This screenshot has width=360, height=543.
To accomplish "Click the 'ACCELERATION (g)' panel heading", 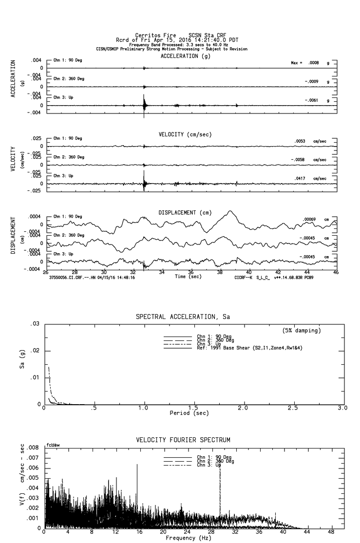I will click(x=186, y=56).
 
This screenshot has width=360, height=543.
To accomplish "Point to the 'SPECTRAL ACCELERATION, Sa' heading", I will click(x=183, y=317).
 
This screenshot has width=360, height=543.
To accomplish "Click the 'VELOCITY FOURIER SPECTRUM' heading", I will click(x=183, y=440).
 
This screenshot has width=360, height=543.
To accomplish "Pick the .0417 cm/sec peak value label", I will click(x=302, y=179).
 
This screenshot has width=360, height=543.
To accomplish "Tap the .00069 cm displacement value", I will click(x=309, y=219).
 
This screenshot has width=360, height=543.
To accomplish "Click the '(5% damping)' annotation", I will click(x=302, y=331).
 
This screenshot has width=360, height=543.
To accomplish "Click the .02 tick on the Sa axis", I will click(x=35, y=351).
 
